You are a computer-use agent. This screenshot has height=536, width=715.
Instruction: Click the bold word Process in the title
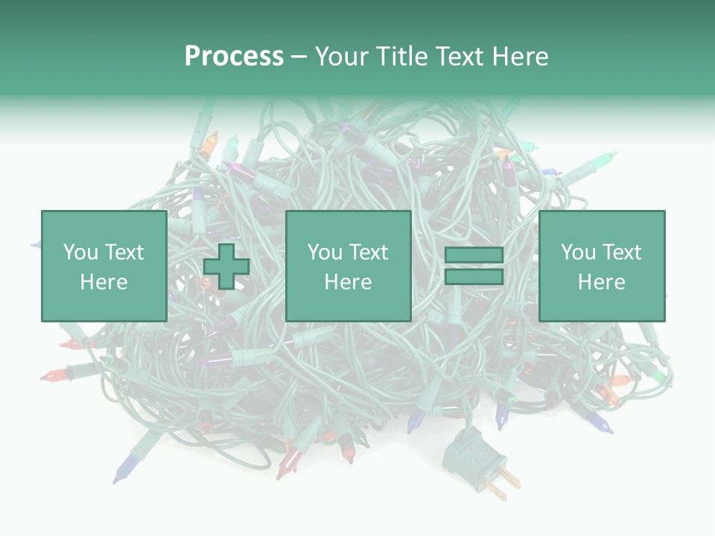[x=234, y=57]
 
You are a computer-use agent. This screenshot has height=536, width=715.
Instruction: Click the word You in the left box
[x=79, y=252]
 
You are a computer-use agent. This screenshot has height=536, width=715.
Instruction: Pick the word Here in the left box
[x=104, y=282]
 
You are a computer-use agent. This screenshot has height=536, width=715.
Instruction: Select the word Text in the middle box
[x=367, y=252]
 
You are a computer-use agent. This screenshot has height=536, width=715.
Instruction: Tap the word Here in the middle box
[x=348, y=282]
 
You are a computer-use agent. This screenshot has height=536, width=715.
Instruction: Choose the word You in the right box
[x=577, y=252]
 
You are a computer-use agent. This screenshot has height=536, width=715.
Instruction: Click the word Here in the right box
[x=601, y=282]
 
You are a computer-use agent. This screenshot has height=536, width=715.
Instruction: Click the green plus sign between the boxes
[x=226, y=267]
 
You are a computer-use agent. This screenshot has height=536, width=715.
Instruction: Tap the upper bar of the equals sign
[x=474, y=255]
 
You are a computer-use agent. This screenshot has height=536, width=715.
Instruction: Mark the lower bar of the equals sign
[x=474, y=277]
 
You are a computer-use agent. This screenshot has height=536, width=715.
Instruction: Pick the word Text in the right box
[x=620, y=252]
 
